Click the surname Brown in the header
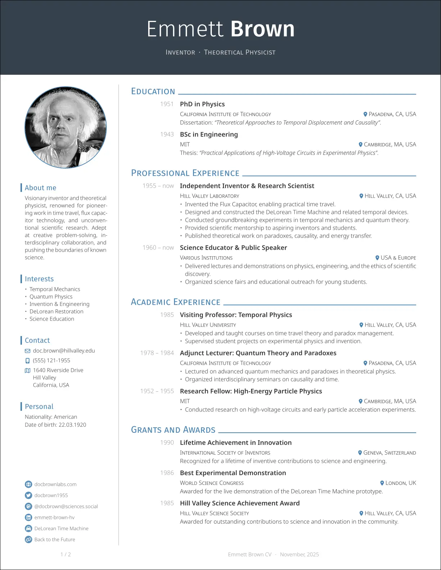262,29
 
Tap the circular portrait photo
65,127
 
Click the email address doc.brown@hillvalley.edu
64,351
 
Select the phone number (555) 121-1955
51,360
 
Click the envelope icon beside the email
27,351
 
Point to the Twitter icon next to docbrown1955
28,495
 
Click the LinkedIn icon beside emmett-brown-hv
28,518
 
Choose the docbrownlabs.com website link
55,484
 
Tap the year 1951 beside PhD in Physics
167,104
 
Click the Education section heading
153,92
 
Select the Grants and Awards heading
173,430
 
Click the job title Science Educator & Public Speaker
233,248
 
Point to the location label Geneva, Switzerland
390,453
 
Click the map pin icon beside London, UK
382,483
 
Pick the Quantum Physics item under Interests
51,297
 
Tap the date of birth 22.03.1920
72,425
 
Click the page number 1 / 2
65,555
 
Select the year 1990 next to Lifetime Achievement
167,443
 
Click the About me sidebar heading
41,188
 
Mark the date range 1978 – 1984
157,353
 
